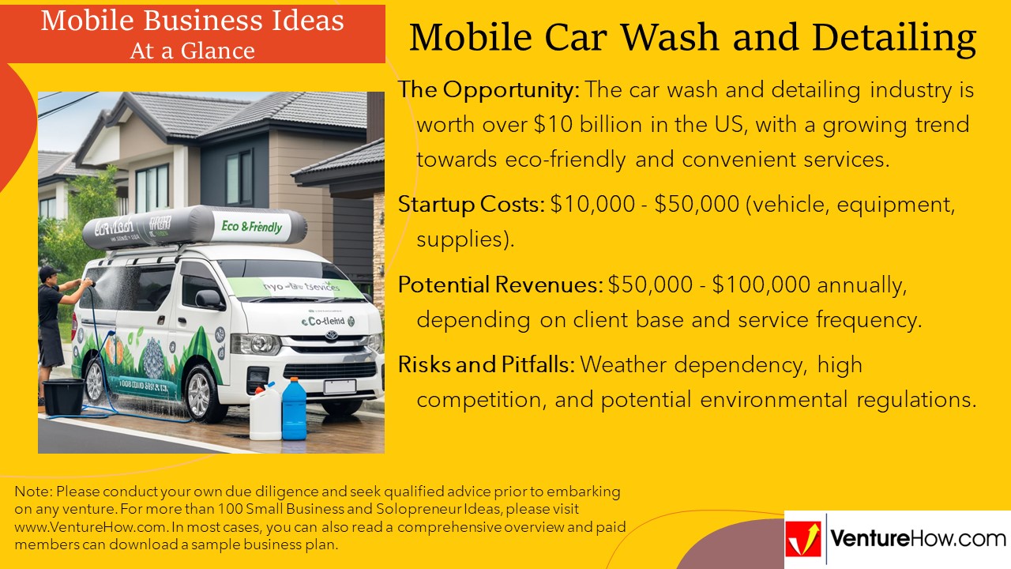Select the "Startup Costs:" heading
tap(472, 205)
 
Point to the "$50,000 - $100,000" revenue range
tap(709, 284)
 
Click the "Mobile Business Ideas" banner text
tap(192, 20)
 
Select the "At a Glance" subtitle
tap(192, 51)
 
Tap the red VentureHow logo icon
tap(803, 538)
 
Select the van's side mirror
tap(210, 298)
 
